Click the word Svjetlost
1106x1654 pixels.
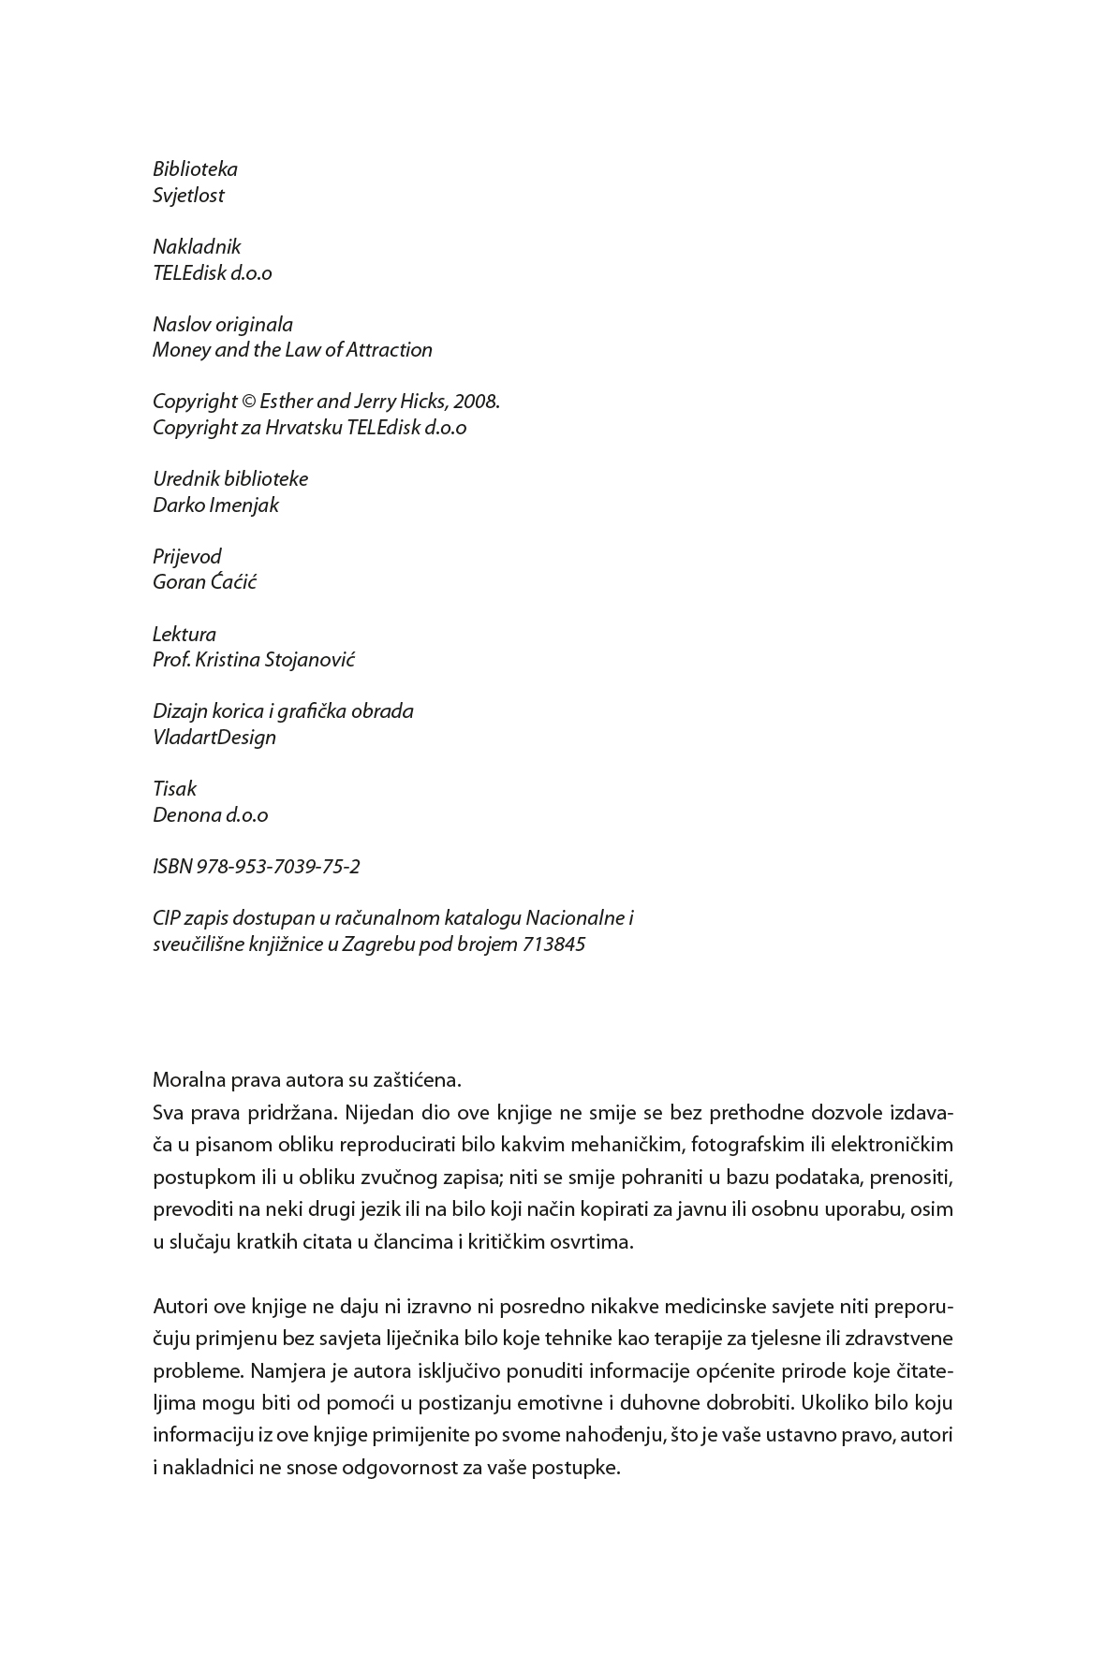[x=188, y=196]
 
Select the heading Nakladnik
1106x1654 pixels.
[x=197, y=247]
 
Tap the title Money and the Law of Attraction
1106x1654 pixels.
[x=292, y=350]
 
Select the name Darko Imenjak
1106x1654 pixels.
[x=215, y=505]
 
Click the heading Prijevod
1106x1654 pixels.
[x=187, y=557]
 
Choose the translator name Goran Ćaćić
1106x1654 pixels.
[x=204, y=582]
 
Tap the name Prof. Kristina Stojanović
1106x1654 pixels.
[x=254, y=660]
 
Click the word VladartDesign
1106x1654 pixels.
[x=214, y=738]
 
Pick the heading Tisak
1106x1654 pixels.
[x=174, y=789]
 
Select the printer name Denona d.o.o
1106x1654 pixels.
[x=210, y=815]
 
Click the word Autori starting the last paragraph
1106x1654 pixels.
[x=181, y=1306]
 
